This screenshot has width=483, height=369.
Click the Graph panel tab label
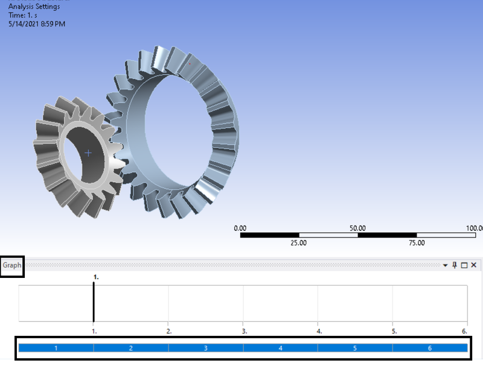coord(12,265)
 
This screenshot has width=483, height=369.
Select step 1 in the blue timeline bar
coord(56,348)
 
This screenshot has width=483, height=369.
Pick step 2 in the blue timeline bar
coord(130,348)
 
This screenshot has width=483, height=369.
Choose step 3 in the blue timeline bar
coord(205,348)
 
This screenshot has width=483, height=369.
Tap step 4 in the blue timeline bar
coord(280,348)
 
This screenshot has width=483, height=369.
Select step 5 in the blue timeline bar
coord(355,348)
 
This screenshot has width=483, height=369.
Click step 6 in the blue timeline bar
coord(429,348)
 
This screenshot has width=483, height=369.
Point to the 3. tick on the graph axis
coord(244,331)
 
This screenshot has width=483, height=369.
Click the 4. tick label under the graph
coord(319,331)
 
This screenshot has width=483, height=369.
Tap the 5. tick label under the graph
coord(394,331)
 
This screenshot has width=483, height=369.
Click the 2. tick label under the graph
coord(169,331)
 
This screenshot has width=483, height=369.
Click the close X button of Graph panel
coord(473,265)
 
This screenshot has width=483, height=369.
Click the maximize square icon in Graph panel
coord(464,265)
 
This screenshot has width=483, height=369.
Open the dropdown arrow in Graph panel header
coord(446,265)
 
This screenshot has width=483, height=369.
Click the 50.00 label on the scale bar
coord(357,229)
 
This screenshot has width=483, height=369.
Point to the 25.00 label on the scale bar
coord(299,243)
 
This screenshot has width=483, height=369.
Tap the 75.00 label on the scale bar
coord(417,243)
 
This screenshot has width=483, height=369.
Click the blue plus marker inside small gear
coord(89,153)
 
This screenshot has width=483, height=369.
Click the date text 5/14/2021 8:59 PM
coord(37,24)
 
